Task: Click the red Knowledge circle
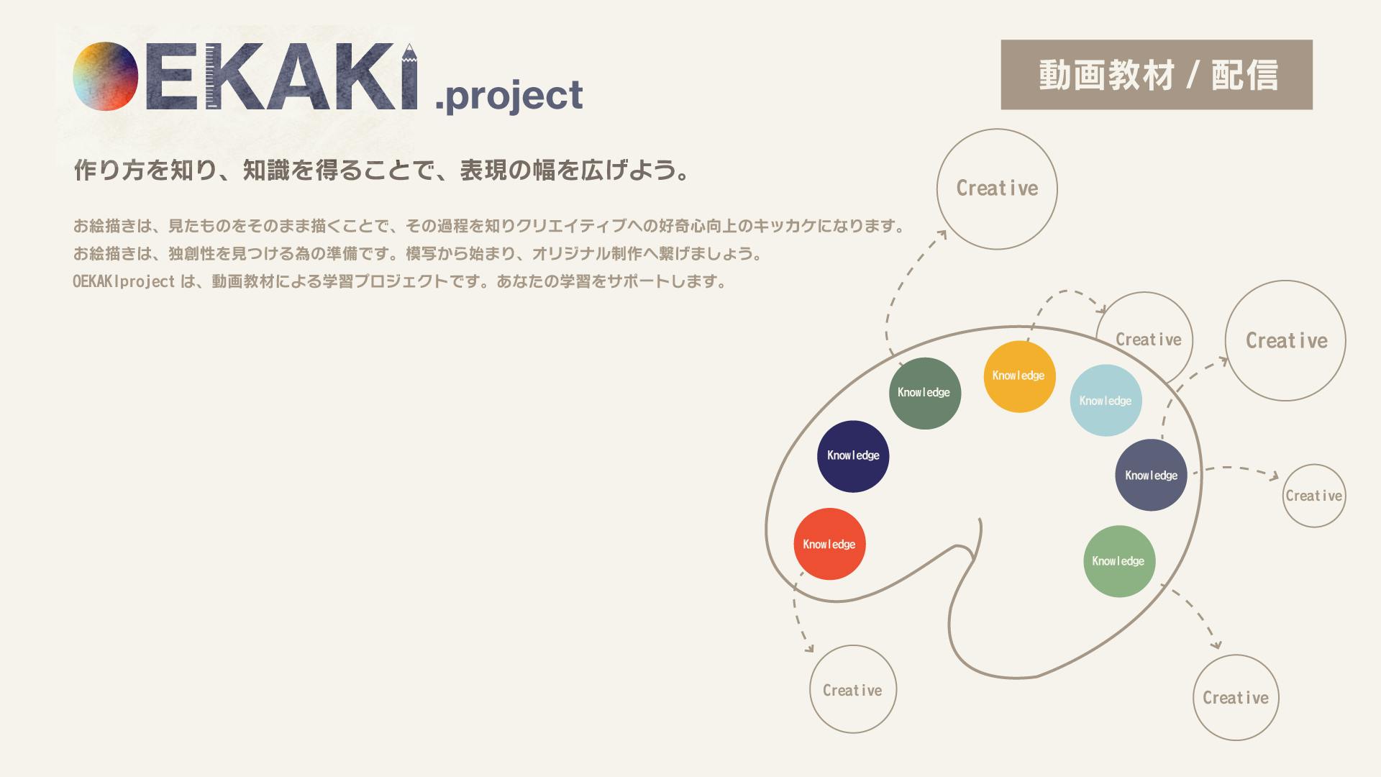829,544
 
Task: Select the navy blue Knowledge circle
853,456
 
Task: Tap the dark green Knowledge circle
925,394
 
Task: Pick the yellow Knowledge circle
1019,376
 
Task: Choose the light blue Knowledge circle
1106,400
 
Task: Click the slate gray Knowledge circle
1151,475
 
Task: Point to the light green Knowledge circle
1119,561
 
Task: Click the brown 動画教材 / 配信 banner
1157,75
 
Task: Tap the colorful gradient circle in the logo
105,76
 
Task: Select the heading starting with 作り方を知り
382,171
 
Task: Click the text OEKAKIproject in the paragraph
124,281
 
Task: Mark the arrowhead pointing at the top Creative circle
942,235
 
